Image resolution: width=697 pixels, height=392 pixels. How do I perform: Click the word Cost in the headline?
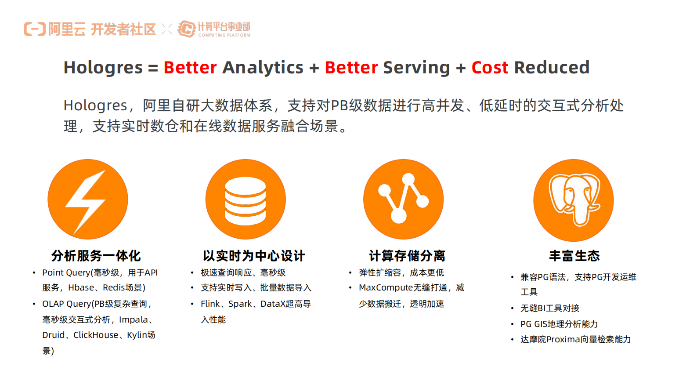490,68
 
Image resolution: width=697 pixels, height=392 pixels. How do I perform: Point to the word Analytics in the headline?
263,68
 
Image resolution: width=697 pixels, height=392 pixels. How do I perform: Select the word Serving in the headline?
417,68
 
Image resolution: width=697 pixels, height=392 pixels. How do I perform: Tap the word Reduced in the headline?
552,67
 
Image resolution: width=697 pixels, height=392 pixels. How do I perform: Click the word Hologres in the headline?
103,68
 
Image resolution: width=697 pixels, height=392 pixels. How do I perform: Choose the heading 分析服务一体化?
96,256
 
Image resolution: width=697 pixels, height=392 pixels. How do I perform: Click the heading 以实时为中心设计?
254,256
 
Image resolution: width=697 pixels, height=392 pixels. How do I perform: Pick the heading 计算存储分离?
407,256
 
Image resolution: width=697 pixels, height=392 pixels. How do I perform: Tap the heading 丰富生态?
574,256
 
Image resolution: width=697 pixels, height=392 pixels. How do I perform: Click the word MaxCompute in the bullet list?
386,288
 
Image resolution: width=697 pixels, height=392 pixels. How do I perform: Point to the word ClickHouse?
96,335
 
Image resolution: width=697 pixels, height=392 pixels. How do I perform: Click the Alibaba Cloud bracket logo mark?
35,29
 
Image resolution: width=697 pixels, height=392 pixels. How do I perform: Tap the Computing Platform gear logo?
186,29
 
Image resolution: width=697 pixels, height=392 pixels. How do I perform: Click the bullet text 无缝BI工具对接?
550,308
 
